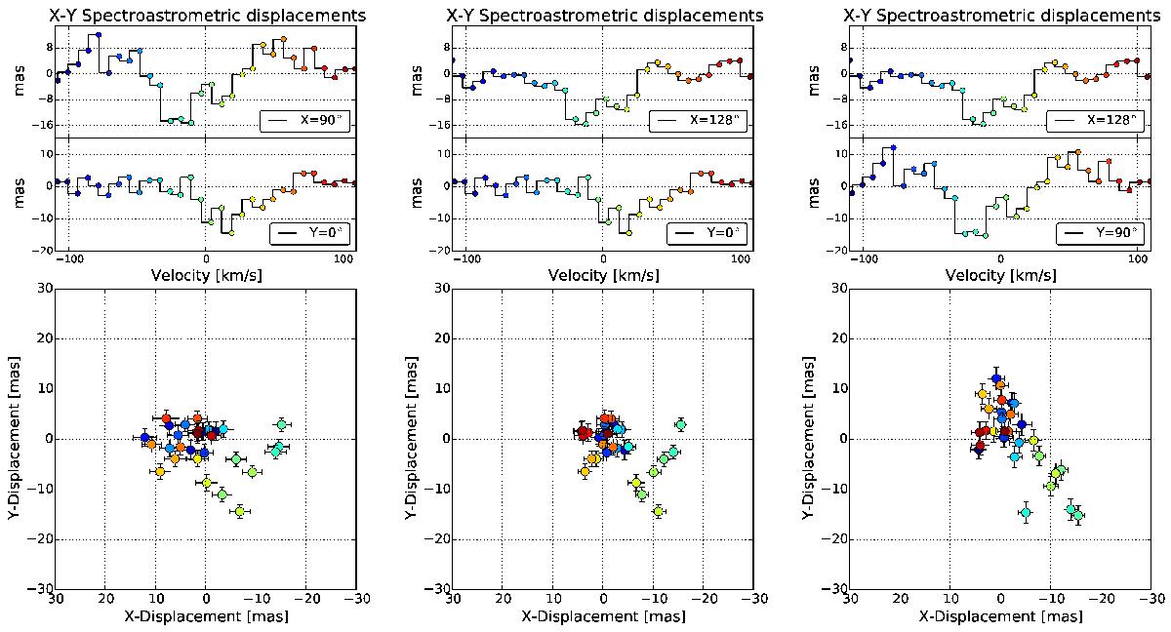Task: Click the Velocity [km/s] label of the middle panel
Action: point(603,276)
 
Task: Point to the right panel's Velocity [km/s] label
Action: point(1000,276)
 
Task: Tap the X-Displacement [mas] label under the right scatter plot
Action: point(1000,616)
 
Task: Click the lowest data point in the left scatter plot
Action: point(239,511)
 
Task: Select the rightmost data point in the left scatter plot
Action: point(282,424)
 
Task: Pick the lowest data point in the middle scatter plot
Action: point(659,511)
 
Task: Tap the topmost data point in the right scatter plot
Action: point(996,378)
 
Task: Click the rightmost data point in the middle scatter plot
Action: point(680,424)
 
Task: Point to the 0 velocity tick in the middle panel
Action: point(603,260)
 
